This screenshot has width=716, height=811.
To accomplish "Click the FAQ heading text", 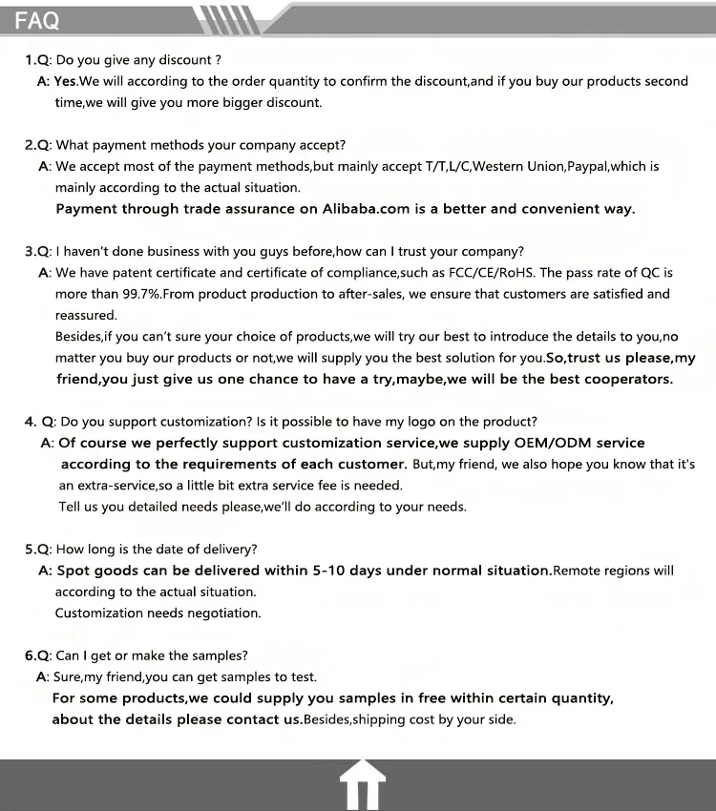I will coord(37,20).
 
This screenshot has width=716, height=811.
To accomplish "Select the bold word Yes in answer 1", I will coord(66,81).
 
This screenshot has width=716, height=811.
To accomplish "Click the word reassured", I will coord(86,315).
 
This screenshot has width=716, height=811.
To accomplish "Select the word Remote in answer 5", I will coord(576,571).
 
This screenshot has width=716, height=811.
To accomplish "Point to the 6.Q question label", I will coord(37,655).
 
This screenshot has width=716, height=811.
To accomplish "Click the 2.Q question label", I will coord(37,145).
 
